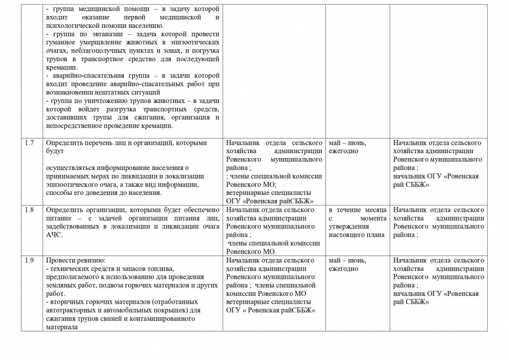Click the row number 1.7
[29, 143]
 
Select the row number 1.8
[29, 210]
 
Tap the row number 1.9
[29, 260]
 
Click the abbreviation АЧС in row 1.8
[54, 235]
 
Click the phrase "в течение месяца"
[358, 210]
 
